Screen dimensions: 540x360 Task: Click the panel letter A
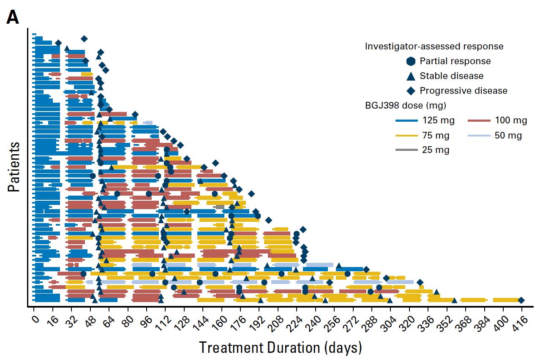pyautogui.click(x=13, y=17)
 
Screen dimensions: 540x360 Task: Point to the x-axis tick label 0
pyautogui.click(x=35, y=319)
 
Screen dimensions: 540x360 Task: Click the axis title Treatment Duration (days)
pyautogui.click(x=281, y=348)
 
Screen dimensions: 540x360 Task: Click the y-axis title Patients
pyautogui.click(x=14, y=167)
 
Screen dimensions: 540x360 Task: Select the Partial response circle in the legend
pyautogui.click(x=411, y=61)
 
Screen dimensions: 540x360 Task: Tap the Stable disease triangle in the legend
pyautogui.click(x=411, y=76)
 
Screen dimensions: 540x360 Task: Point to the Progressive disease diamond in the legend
pyautogui.click(x=411, y=91)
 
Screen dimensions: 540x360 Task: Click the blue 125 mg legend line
pyautogui.click(x=406, y=120)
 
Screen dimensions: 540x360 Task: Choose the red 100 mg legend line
pyautogui.click(x=479, y=120)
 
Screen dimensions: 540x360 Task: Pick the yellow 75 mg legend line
pyautogui.click(x=406, y=136)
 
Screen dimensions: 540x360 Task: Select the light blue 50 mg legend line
pyautogui.click(x=479, y=136)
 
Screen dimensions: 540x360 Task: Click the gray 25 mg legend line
pyautogui.click(x=406, y=150)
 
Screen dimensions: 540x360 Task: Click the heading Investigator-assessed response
pyautogui.click(x=434, y=46)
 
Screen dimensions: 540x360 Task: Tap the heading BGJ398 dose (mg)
pyautogui.click(x=406, y=106)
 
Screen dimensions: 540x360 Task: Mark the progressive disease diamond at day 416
pyautogui.click(x=521, y=300)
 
